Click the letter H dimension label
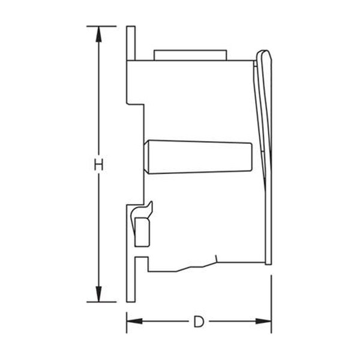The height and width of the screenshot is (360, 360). coord(99,164)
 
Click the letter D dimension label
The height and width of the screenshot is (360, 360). coord(199,322)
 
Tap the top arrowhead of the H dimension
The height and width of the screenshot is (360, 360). coord(99,34)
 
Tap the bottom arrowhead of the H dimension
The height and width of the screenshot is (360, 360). coord(99,294)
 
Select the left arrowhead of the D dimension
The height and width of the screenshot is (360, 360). coord(134,321)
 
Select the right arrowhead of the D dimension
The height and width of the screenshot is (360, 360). coord(263,321)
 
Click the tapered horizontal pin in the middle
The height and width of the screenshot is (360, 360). coord(198,157)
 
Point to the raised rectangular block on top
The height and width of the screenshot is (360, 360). coord(190,55)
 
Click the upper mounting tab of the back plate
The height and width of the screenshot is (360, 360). coord(131,43)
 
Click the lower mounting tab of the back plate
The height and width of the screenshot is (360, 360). coord(131,279)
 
